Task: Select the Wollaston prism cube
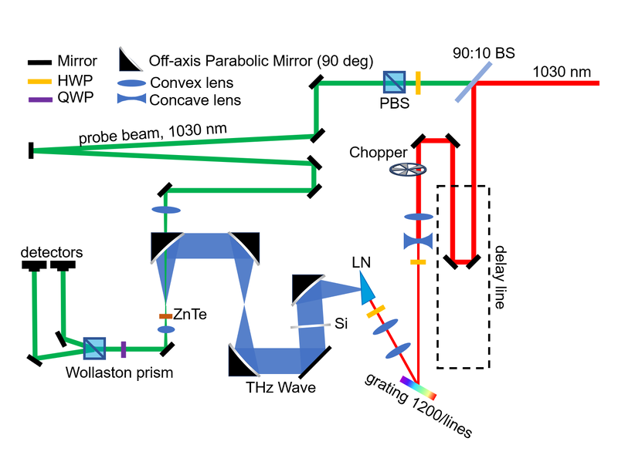(93, 349)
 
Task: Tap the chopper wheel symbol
(409, 170)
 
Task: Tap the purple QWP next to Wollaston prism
(123, 349)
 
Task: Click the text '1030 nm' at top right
(562, 72)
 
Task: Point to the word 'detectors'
(51, 252)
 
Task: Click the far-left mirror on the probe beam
(31, 150)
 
